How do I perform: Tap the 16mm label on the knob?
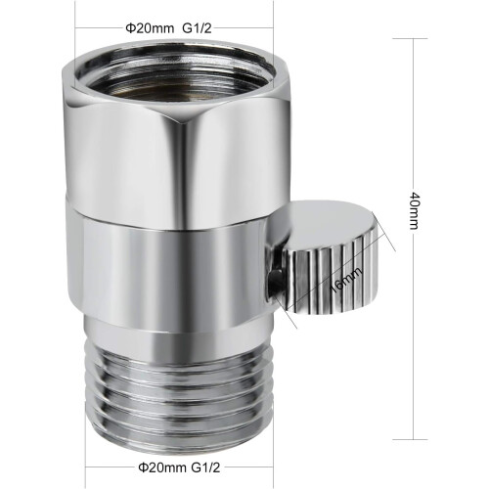(345, 280)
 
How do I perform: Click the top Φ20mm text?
(150, 28)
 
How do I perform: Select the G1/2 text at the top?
(197, 28)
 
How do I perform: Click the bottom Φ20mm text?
(162, 467)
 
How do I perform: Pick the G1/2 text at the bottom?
(205, 467)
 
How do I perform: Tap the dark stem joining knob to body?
(275, 282)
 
